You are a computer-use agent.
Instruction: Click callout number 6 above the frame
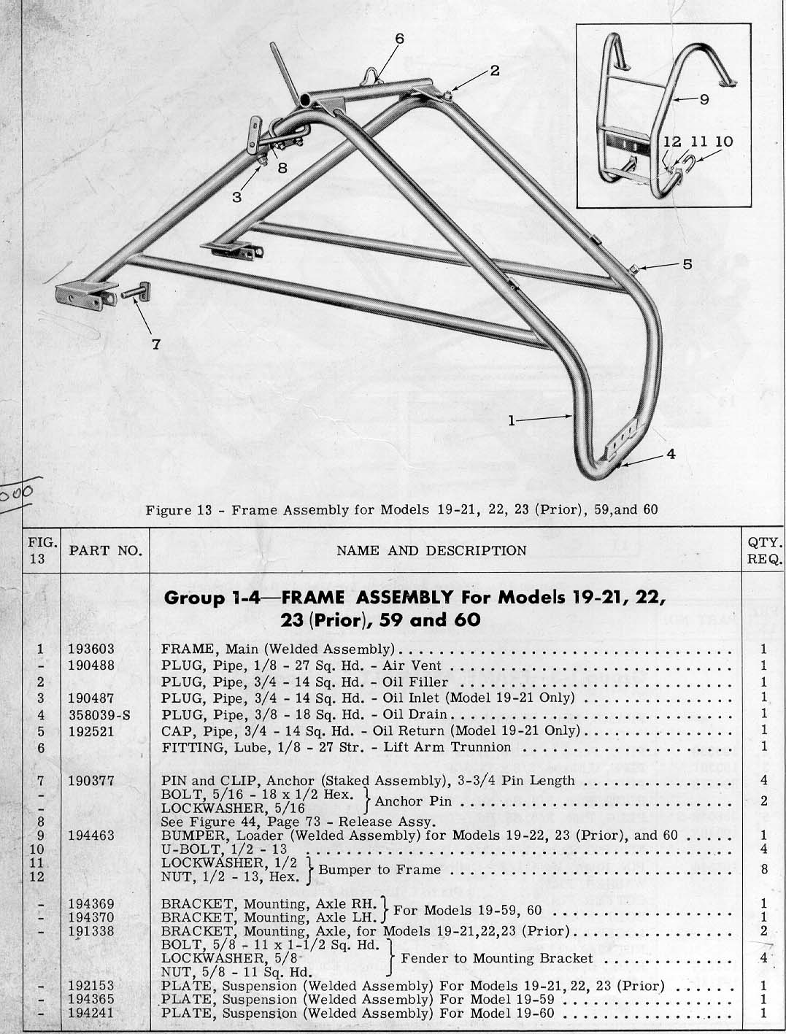399,38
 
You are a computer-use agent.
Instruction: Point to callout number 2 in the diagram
494,71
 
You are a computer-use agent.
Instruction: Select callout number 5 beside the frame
687,264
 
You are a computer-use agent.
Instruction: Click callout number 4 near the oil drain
671,453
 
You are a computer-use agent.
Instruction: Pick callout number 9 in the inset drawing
704,100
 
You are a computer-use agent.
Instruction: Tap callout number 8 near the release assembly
282,166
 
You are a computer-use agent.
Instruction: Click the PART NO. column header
106,550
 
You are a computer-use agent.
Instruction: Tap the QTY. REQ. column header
766,551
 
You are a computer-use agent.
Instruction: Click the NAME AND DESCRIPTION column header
431,550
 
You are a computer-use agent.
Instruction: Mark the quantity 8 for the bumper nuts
763,869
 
